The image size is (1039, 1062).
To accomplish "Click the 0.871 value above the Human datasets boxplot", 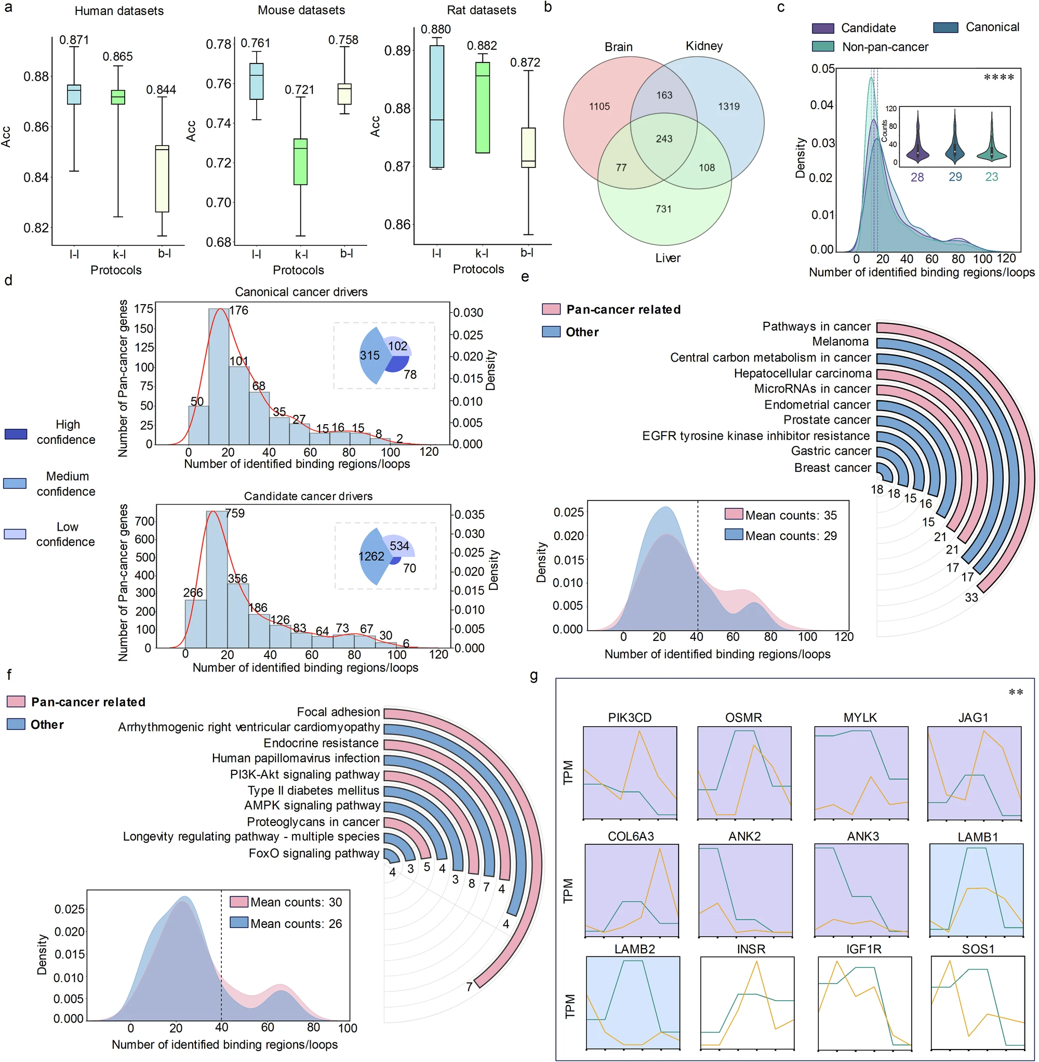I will [74, 40].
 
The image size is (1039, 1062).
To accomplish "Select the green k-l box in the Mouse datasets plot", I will [300, 162].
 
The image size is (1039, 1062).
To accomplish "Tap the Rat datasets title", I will [481, 10].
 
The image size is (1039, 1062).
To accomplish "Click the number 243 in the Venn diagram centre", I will [664, 139].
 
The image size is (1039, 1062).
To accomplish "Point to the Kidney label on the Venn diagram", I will [704, 46].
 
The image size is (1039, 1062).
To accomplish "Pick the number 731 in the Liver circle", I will [663, 208].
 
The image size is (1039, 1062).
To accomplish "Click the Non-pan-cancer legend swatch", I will [823, 47].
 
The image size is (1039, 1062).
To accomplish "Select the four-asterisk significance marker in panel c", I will [998, 77].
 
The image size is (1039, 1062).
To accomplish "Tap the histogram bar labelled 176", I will [219, 377].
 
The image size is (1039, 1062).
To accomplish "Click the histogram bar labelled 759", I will [217, 579].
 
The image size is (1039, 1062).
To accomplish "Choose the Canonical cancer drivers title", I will [301, 292].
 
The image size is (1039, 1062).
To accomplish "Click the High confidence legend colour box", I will [15, 434].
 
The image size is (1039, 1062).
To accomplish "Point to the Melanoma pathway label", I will [841, 342].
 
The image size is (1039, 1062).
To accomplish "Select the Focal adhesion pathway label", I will [338, 712].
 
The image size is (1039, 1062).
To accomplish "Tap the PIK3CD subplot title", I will [630, 717].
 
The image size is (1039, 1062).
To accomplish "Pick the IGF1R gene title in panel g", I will [864, 949].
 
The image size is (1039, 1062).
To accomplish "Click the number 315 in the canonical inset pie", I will [369, 356].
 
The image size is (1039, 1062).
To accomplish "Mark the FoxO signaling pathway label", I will [314, 854].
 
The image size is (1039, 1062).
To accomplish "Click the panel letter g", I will [534, 676].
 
